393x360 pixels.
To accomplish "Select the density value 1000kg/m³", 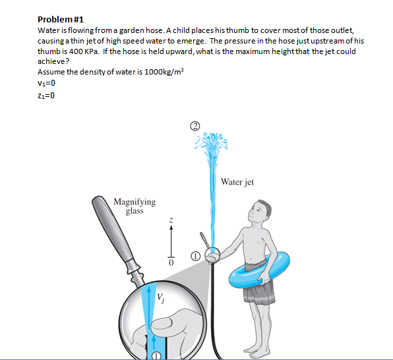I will (152, 71).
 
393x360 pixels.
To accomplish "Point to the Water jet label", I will (237, 182).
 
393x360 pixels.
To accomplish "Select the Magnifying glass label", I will (135, 206).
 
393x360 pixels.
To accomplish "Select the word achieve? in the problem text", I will (52, 61).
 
